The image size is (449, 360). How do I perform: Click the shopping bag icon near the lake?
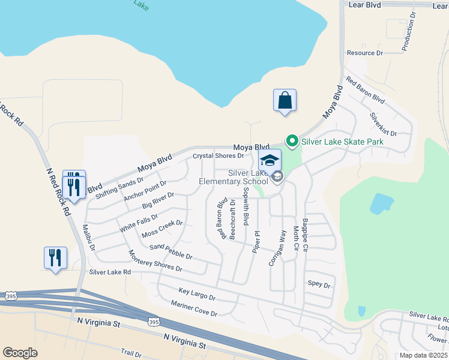point(285,100)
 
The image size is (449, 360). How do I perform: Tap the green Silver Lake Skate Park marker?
point(292,142)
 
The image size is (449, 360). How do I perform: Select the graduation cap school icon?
point(270,160)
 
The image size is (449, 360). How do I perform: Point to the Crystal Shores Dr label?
point(217,156)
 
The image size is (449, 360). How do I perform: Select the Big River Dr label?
point(158,200)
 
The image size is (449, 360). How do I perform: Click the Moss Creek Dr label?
point(162,229)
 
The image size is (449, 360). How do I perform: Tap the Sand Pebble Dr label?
point(170,251)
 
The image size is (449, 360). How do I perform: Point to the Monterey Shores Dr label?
point(155,261)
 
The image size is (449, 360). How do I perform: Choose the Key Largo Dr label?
point(197,294)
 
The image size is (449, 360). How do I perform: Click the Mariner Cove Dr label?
point(194,308)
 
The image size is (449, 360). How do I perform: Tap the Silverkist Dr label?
point(384,124)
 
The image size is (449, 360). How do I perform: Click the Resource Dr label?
point(365,53)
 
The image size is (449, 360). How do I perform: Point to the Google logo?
point(20,353)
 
